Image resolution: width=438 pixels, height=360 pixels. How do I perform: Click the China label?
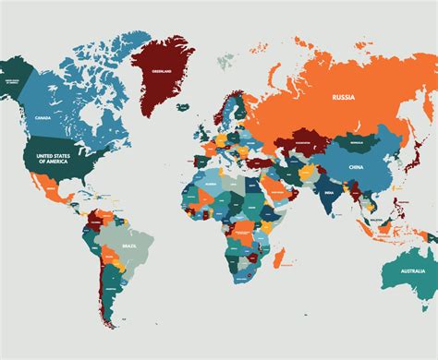pos(356,167)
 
